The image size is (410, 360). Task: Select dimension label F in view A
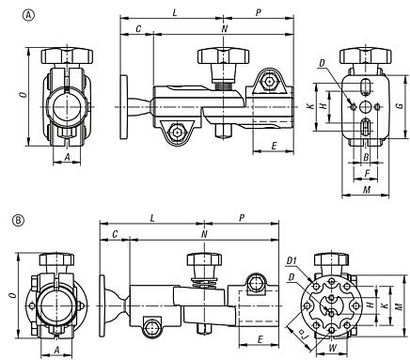365,174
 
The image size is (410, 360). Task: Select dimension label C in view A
138,29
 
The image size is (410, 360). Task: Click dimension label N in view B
204,233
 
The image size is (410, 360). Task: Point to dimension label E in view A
273,147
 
